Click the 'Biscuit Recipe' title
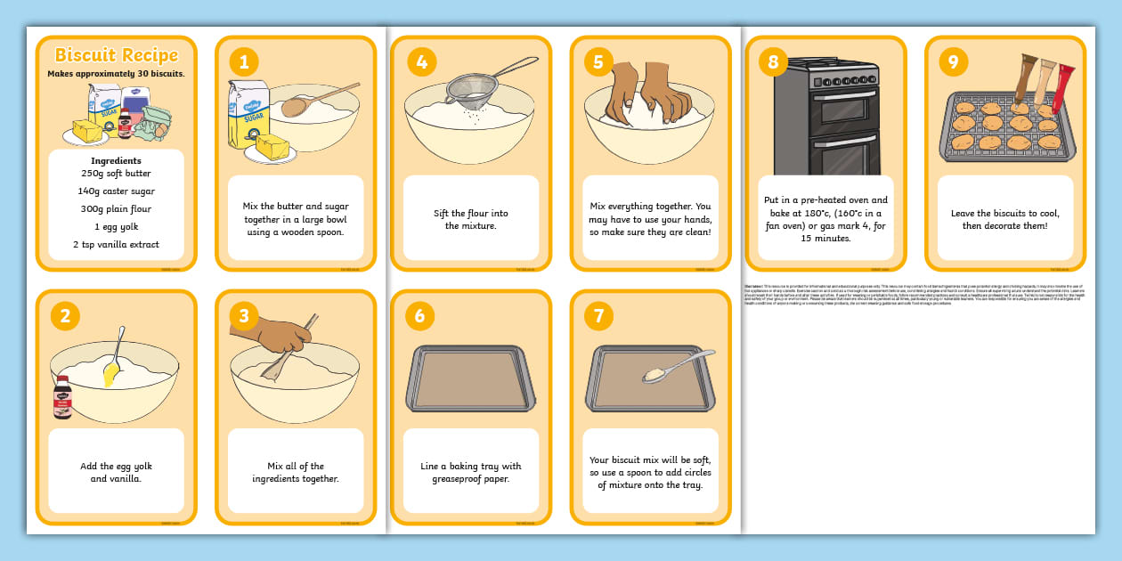116,55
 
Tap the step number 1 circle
244,61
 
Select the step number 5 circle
598,61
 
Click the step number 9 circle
953,61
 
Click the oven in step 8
825,116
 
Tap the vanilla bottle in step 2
62,396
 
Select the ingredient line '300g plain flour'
116,209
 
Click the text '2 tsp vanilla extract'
116,245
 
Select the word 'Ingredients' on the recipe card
116,161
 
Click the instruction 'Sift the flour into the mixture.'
471,219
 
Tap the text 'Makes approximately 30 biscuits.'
116,74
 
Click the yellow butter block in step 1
272,147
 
